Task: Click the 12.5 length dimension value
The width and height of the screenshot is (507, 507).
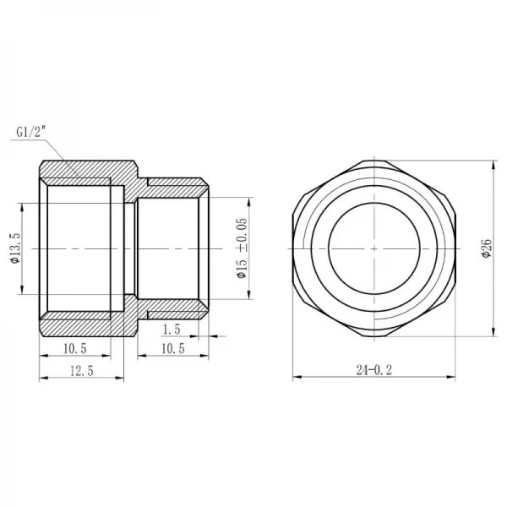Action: point(81,372)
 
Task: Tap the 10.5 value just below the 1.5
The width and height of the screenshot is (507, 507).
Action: point(172,348)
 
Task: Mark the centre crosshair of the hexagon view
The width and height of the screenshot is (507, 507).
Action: point(373,248)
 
